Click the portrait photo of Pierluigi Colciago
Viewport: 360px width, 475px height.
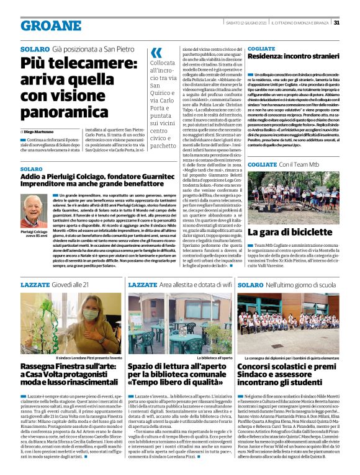(34, 210)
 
